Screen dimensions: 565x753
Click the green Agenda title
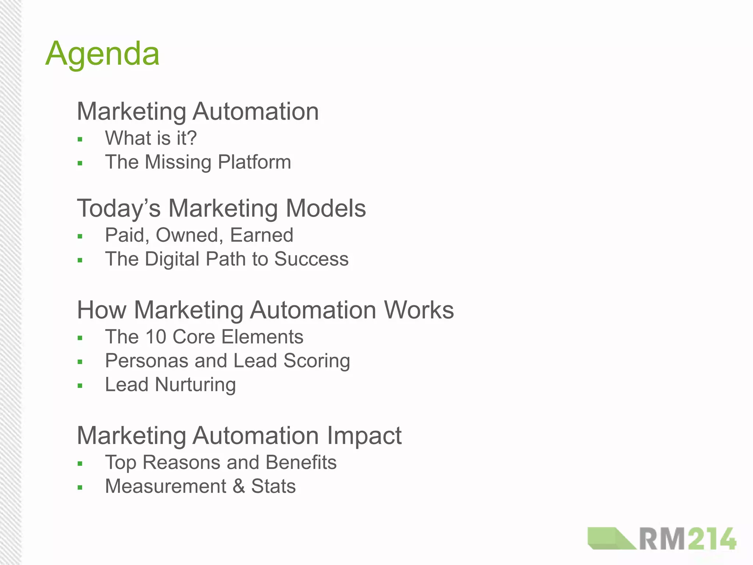click(x=102, y=54)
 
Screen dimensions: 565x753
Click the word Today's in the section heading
click(x=119, y=208)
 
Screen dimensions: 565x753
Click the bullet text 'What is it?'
click(x=151, y=138)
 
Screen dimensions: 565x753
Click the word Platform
click(x=254, y=162)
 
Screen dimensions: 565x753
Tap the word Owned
click(x=190, y=235)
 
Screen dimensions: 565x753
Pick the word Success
click(x=311, y=259)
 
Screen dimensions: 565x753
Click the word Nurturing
click(x=195, y=385)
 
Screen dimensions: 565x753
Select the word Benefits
click(x=301, y=462)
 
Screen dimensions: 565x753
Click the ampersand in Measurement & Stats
click(x=239, y=486)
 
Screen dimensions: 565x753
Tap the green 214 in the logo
click(x=712, y=540)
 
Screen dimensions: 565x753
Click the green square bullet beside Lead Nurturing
click(x=80, y=386)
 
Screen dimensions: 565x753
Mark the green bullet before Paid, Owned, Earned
click(x=80, y=237)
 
